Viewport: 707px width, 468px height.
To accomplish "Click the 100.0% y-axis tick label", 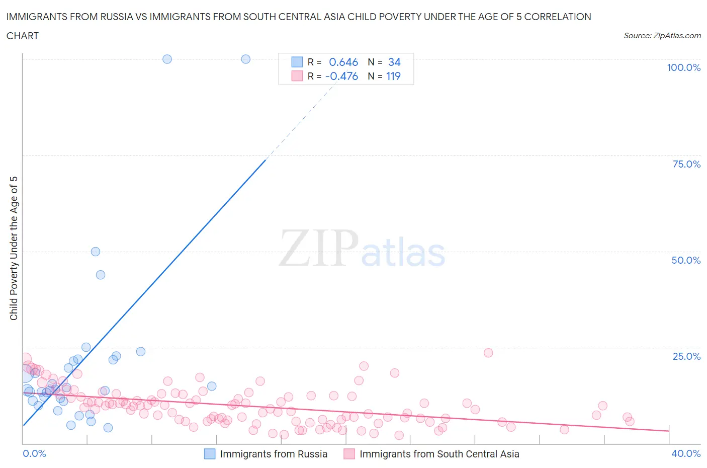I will tap(683, 67).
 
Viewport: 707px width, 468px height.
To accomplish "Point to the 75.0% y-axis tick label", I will tap(686, 164).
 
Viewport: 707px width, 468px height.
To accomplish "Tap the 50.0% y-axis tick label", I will tap(686, 260).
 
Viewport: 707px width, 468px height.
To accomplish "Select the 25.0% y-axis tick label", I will tap(686, 356).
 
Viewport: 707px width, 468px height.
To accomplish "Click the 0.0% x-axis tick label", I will tap(34, 453).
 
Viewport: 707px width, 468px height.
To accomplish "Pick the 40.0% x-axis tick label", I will tap(686, 453).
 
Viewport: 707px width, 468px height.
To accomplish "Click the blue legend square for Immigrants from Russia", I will tap(210, 454).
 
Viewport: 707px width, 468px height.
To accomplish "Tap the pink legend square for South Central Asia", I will tap(349, 454).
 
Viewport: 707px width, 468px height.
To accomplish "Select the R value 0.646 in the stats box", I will tap(343, 62).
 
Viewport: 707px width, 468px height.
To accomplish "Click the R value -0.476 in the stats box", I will tap(341, 76).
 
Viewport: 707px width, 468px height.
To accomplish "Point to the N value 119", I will tap(393, 76).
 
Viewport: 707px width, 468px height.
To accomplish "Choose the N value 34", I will tap(394, 62).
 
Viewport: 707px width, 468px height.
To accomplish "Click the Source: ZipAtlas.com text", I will tap(662, 35).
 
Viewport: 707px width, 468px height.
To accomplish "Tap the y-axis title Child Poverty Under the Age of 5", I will tap(14, 248).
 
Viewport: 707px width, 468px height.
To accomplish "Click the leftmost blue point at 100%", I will tap(167, 59).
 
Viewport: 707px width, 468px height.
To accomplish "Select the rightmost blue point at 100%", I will tap(246, 59).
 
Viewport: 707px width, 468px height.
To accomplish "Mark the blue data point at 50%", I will tap(96, 252).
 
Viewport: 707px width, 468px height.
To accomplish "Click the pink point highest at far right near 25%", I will tap(488, 353).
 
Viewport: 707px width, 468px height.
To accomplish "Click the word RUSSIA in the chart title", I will tap(115, 17).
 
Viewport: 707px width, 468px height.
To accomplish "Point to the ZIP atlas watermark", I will tap(362, 248).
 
